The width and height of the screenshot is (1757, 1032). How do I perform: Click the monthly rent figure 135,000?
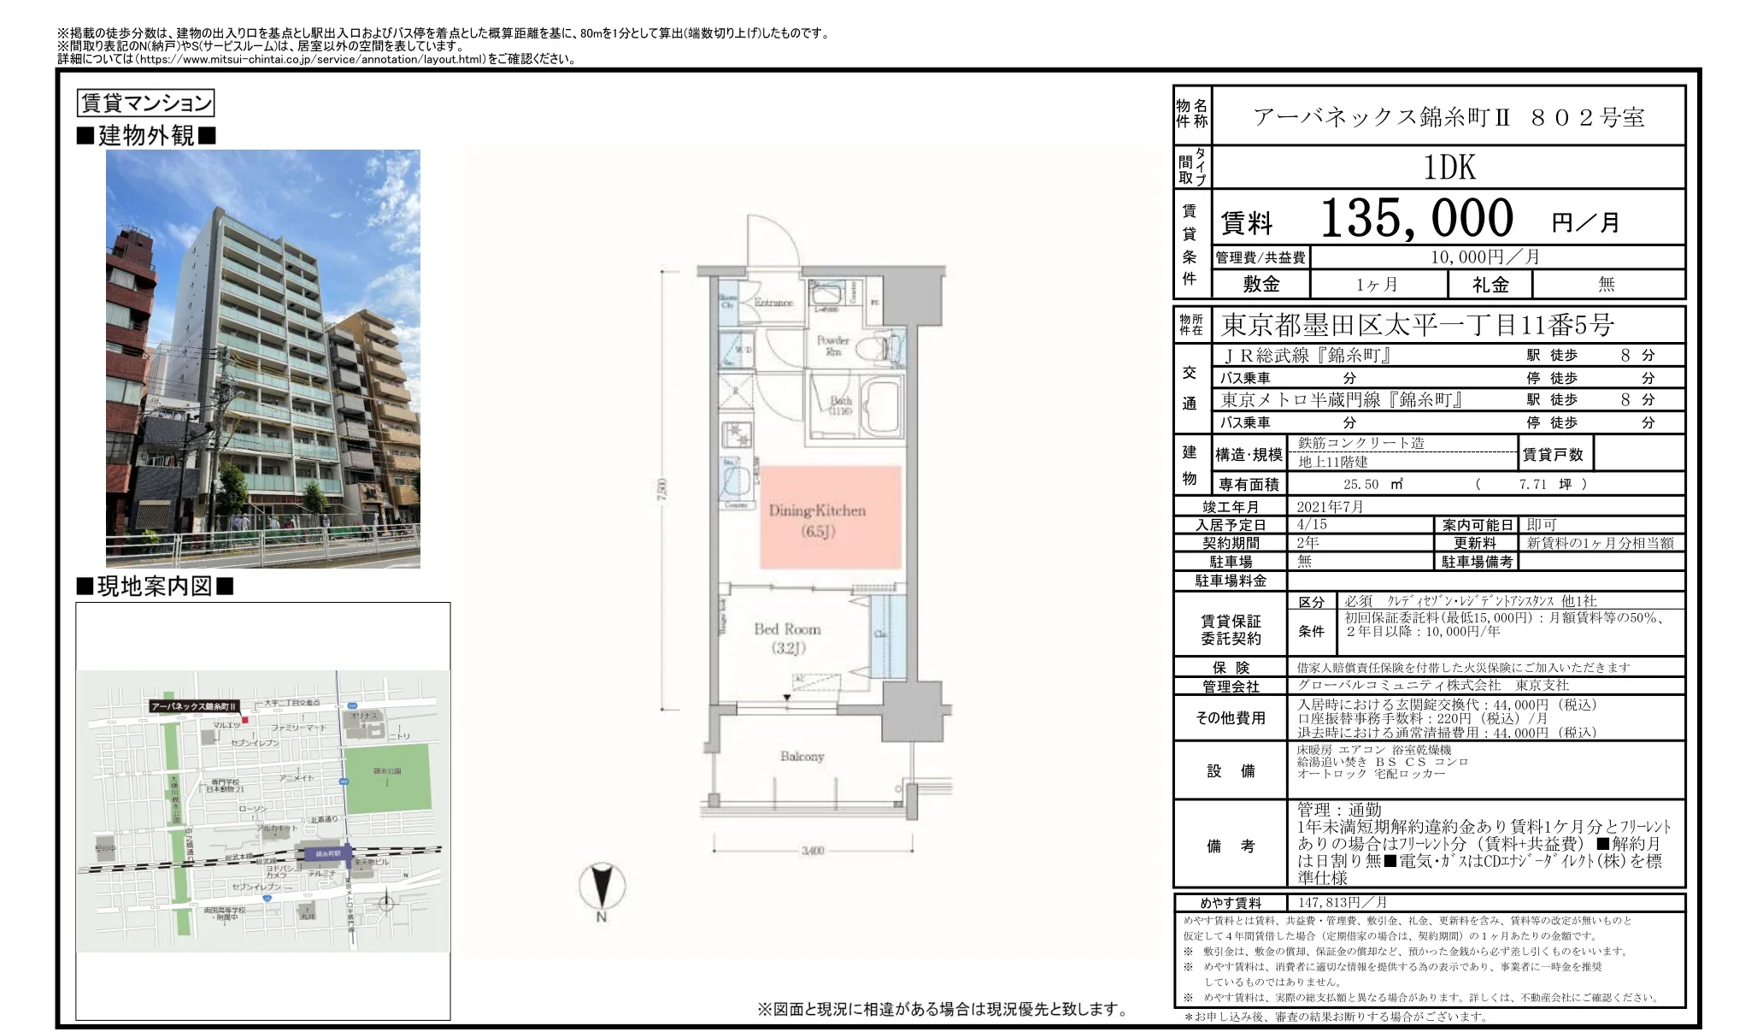tap(1417, 218)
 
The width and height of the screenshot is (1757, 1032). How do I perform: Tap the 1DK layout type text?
tap(1449, 168)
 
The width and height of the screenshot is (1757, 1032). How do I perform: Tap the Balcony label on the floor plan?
tap(802, 757)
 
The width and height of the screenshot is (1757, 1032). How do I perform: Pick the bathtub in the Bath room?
tap(880, 407)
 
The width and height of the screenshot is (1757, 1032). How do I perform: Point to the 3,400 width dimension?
tap(812, 851)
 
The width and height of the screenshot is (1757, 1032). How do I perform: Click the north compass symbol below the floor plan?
tap(602, 887)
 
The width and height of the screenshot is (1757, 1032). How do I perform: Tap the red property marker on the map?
tap(244, 720)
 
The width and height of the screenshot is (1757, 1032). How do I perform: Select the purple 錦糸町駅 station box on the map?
tap(328, 853)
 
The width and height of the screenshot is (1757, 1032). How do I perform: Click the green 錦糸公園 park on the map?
tap(387, 778)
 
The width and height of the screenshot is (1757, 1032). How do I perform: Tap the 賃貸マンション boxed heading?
tap(145, 103)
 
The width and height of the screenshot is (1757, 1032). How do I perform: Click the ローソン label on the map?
tap(252, 808)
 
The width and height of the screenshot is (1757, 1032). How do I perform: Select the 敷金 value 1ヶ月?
tap(1377, 285)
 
